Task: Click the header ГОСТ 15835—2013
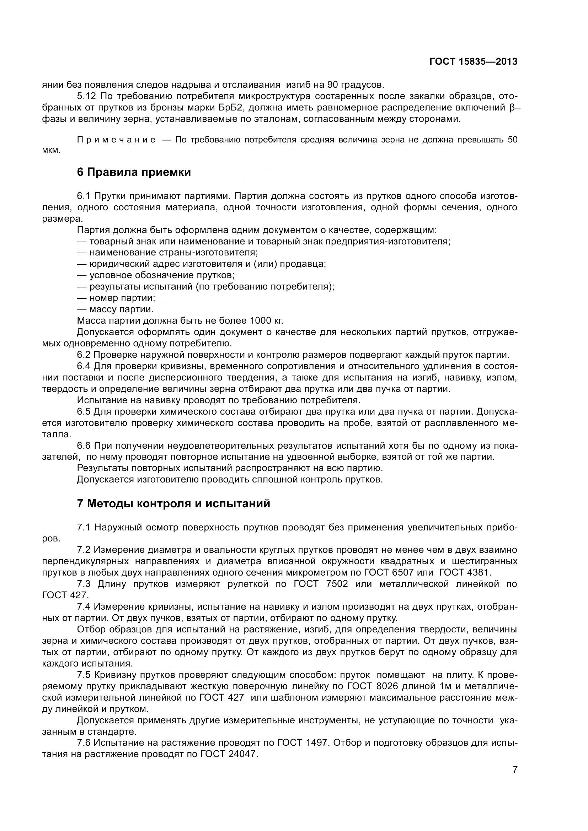pyautogui.click(x=473, y=61)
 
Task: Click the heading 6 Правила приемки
pyautogui.click(x=134, y=172)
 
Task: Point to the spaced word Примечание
pyautogui.click(x=117, y=140)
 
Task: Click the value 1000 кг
pyautogui.click(x=266, y=321)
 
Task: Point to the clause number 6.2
pyautogui.click(x=84, y=355)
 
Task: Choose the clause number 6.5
pyautogui.click(x=84, y=411)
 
